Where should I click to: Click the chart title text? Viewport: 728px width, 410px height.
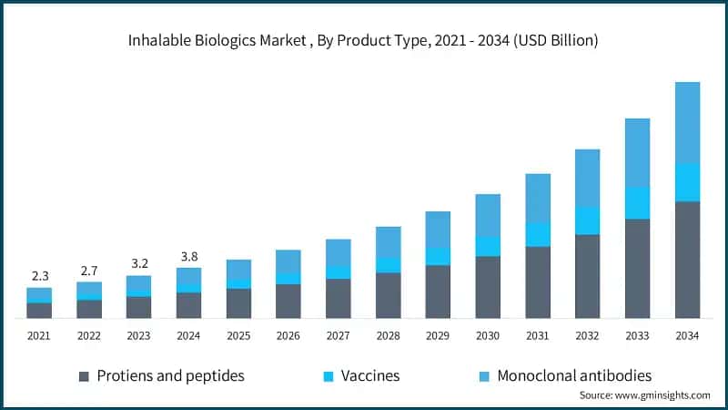[364, 40]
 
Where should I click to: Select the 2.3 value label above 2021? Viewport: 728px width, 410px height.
[39, 275]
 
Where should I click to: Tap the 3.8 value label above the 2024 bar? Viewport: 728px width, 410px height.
[188, 255]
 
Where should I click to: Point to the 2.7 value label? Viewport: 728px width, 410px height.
[89, 270]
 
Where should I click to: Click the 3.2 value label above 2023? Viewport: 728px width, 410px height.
[138, 263]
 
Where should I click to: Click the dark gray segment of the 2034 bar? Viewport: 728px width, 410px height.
[687, 260]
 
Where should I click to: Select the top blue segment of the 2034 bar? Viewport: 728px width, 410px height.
[687, 122]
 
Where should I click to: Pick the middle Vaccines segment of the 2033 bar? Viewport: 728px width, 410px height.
[637, 202]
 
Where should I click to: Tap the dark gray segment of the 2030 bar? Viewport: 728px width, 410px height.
[488, 287]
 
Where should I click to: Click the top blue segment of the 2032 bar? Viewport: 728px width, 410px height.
[587, 178]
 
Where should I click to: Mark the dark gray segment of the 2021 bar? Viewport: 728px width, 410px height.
[39, 311]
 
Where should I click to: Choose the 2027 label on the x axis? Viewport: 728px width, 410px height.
[339, 336]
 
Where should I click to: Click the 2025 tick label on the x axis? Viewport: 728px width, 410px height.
[238, 336]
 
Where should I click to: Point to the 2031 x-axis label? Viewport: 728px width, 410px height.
[538, 336]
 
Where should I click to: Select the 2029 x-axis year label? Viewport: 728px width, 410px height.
[438, 336]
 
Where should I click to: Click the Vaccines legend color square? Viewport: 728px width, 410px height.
[329, 375]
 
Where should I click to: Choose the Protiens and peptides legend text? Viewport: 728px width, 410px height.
[170, 375]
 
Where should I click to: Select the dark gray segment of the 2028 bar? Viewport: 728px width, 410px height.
[388, 295]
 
